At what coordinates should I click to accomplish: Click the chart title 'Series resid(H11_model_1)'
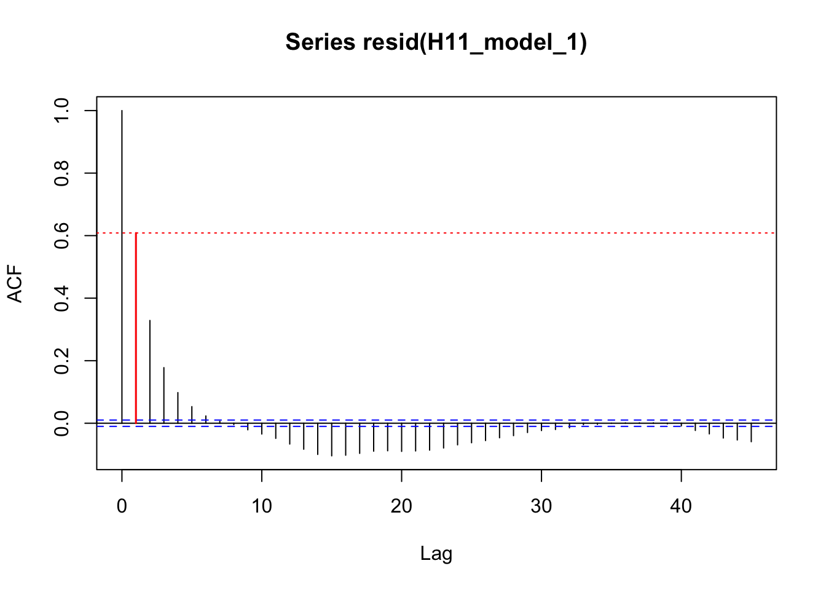[436, 42]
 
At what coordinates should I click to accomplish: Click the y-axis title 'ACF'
[15, 284]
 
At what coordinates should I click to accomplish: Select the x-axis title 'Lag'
[436, 554]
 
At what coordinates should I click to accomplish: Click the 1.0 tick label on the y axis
[62, 111]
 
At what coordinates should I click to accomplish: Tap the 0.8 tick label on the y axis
[62, 173]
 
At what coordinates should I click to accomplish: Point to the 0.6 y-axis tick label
[62, 235]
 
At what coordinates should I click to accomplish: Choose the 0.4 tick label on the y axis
[62, 298]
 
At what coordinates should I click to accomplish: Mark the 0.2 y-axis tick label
[62, 361]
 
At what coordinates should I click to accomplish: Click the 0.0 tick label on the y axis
[62, 423]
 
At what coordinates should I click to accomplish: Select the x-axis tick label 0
[122, 506]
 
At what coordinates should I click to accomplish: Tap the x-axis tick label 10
[262, 506]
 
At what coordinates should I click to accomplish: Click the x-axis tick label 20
[401, 506]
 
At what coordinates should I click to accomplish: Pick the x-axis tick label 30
[541, 506]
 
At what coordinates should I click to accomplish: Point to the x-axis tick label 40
[681, 506]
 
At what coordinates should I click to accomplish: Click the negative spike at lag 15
[332, 440]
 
